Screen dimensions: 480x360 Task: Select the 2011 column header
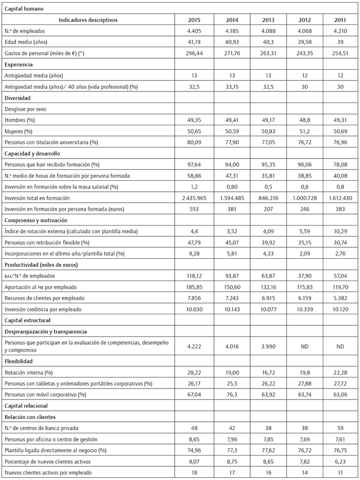coord(340,20)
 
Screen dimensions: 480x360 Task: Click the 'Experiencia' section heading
coord(19,64)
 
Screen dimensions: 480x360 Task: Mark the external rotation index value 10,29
coord(340,231)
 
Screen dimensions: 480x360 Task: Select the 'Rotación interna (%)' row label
coord(28,372)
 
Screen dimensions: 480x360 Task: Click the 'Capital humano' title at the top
coord(23,9)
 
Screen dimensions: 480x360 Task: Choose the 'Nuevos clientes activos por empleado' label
coord(49,473)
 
